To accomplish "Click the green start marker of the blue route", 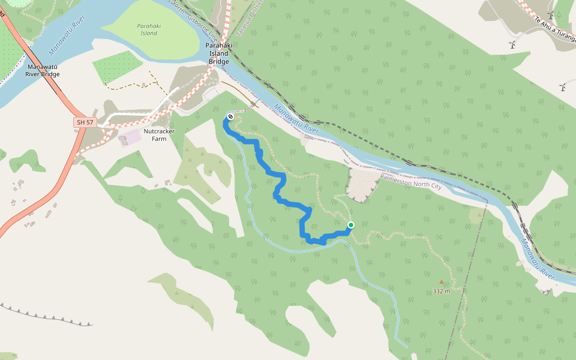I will point(351,225).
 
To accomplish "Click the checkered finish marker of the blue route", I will point(230,116).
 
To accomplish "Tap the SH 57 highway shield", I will point(85,122).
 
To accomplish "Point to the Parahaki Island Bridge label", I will point(218,53).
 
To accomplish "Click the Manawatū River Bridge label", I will point(43,70).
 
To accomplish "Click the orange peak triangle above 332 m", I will point(442,281).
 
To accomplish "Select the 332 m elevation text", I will point(442,291).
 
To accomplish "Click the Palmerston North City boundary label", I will point(411,182).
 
